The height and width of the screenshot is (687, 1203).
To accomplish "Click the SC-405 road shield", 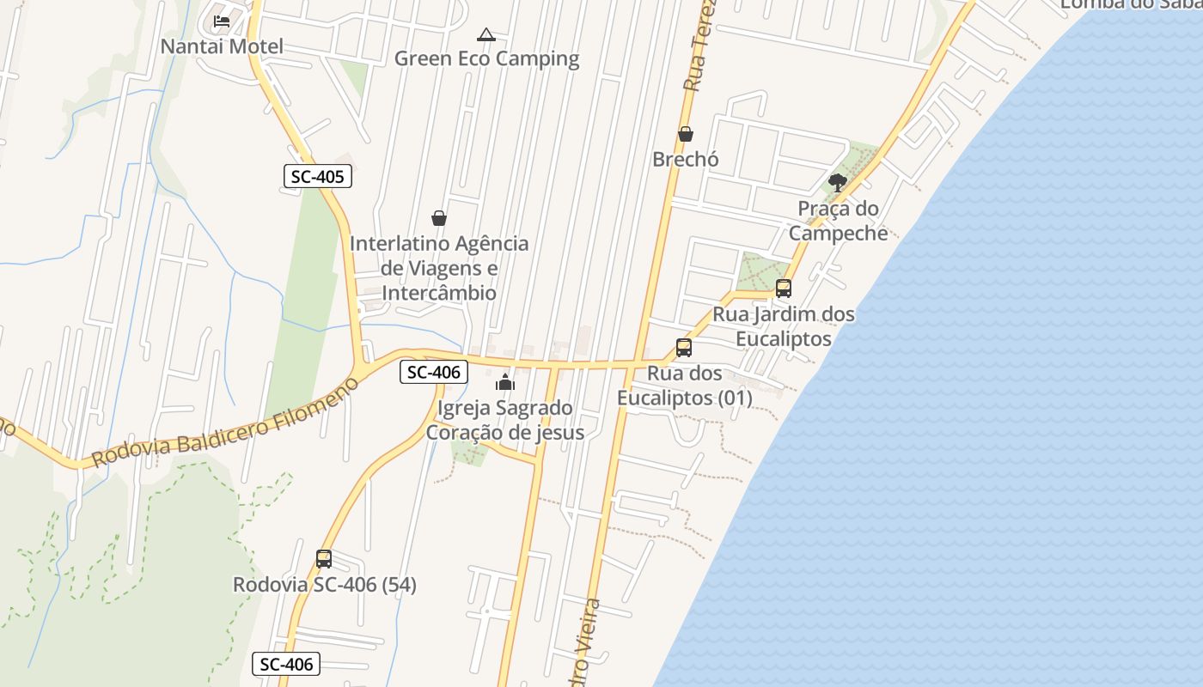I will (318, 177).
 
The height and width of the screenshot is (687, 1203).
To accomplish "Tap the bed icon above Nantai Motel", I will (222, 21).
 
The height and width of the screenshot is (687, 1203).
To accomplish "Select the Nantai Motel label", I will (222, 46).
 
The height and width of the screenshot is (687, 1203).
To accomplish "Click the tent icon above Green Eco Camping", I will (486, 35).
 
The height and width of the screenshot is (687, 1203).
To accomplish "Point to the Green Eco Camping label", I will (486, 58).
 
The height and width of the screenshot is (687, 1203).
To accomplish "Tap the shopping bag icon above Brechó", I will (686, 134).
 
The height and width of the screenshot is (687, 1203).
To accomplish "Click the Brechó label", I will (686, 159).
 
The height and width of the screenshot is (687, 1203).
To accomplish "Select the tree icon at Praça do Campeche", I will (838, 182).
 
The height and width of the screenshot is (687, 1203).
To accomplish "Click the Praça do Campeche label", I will (838, 221).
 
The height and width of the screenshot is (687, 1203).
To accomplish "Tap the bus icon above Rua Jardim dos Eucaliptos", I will (784, 289).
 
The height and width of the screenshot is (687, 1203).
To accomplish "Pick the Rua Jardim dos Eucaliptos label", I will (784, 326).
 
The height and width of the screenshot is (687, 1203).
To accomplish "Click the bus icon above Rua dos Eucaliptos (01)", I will (684, 348).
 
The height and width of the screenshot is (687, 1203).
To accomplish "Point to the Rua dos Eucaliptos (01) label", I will (685, 386).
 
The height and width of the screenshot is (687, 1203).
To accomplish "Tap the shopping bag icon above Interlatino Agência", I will (439, 218).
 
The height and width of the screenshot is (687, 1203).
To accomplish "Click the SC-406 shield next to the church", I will (434, 372).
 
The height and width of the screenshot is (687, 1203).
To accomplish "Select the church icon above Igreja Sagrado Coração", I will (505, 382).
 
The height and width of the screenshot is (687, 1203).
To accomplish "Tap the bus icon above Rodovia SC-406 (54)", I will (324, 559).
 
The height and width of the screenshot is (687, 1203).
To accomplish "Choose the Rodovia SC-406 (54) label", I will (325, 585).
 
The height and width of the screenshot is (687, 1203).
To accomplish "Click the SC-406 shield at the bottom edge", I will (286, 664).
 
